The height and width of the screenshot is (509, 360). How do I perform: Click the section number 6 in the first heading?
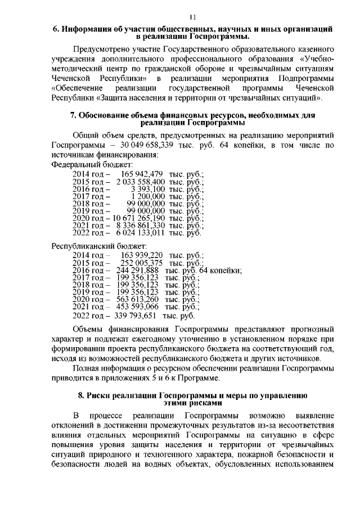(55, 29)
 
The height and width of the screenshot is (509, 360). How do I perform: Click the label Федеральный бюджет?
(92, 165)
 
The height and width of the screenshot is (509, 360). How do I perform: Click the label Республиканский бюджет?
(99, 246)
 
